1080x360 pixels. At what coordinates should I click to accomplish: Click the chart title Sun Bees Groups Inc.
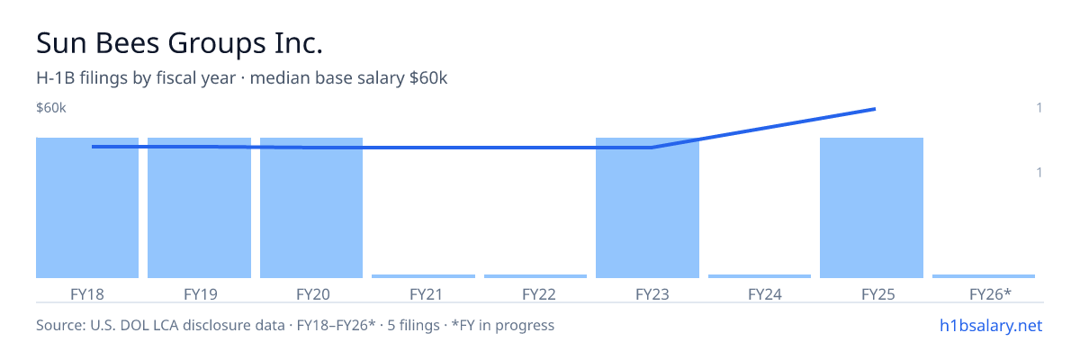179,43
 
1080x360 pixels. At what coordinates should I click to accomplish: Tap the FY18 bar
87,208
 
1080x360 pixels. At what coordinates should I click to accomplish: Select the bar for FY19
199,208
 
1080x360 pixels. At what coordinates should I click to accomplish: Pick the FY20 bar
311,208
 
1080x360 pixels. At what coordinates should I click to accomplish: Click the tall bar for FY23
647,208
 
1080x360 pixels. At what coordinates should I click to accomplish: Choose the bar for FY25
872,208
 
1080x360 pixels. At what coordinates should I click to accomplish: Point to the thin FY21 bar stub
423,276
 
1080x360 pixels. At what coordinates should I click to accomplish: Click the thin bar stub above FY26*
984,276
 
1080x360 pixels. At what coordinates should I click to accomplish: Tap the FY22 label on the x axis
539,294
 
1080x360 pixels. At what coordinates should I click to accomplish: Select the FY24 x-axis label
765,294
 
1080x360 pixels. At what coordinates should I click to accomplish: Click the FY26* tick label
990,294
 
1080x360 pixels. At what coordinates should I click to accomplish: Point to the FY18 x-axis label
87,294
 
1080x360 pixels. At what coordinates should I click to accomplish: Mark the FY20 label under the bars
313,294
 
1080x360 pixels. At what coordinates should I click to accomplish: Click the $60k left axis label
51,108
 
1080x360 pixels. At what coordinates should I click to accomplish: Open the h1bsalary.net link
991,325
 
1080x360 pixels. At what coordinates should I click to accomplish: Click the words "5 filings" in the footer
413,325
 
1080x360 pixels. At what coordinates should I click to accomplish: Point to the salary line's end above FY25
875,110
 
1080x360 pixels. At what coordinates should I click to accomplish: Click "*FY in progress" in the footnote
503,325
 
